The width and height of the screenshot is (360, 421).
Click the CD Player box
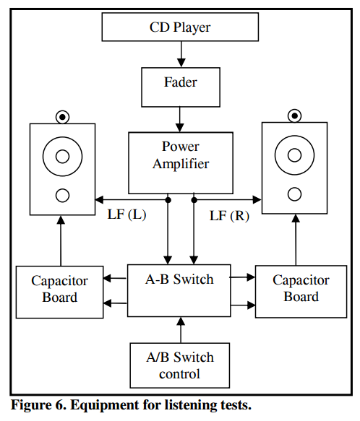pos(180,27)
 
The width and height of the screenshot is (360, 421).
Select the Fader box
pos(181,87)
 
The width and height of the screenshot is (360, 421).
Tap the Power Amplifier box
pos(181,162)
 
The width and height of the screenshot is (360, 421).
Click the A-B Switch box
pos(179,290)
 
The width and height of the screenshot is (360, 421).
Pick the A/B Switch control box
pos(179,365)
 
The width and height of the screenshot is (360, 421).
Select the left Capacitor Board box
pos(60,292)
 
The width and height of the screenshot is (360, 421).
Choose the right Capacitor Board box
pos(301,292)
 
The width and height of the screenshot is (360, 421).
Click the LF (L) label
pos(127,214)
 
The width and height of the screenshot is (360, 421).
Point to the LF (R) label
pos(229,216)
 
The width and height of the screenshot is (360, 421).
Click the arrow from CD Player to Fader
pos(181,54)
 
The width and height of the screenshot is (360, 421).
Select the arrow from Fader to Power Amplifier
pos(179,119)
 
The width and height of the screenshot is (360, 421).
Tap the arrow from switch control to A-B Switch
pos(181,330)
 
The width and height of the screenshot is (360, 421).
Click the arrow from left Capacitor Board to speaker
pos(61,241)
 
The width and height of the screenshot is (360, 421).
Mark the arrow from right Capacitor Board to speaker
pos(296,240)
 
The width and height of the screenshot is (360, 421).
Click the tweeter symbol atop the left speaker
pos(62,117)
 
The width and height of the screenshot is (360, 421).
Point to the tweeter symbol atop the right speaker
pos(294,116)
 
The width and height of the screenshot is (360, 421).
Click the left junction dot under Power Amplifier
pos(168,200)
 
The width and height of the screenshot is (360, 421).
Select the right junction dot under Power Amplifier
pos(194,200)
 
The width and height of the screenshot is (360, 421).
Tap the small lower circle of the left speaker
pos(62,195)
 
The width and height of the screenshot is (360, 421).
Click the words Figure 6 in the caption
pos(38,405)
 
